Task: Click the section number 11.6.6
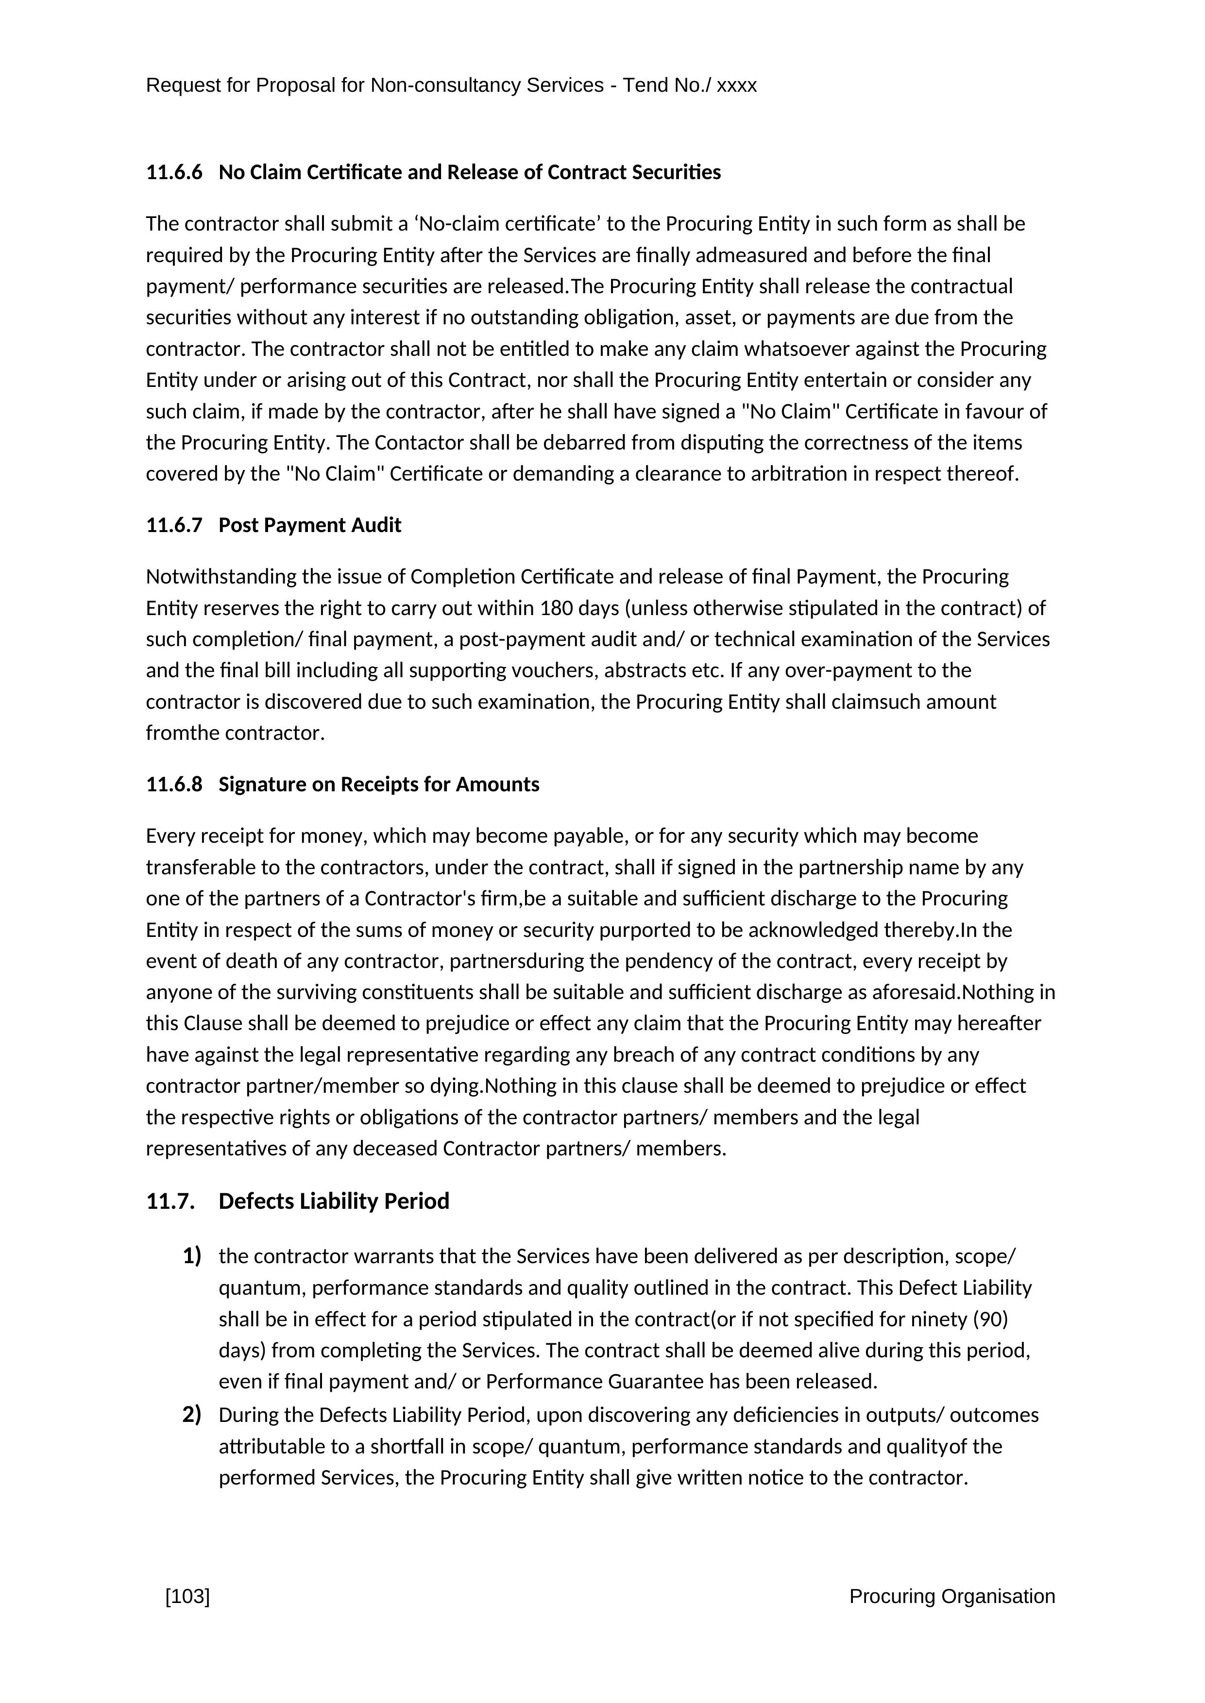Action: [173, 172]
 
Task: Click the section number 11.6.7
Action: [173, 525]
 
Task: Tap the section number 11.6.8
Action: [173, 784]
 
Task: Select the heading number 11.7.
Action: [170, 1201]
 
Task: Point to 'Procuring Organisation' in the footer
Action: [952, 1596]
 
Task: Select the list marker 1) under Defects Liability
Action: [191, 1256]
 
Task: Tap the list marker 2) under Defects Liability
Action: [191, 1415]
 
